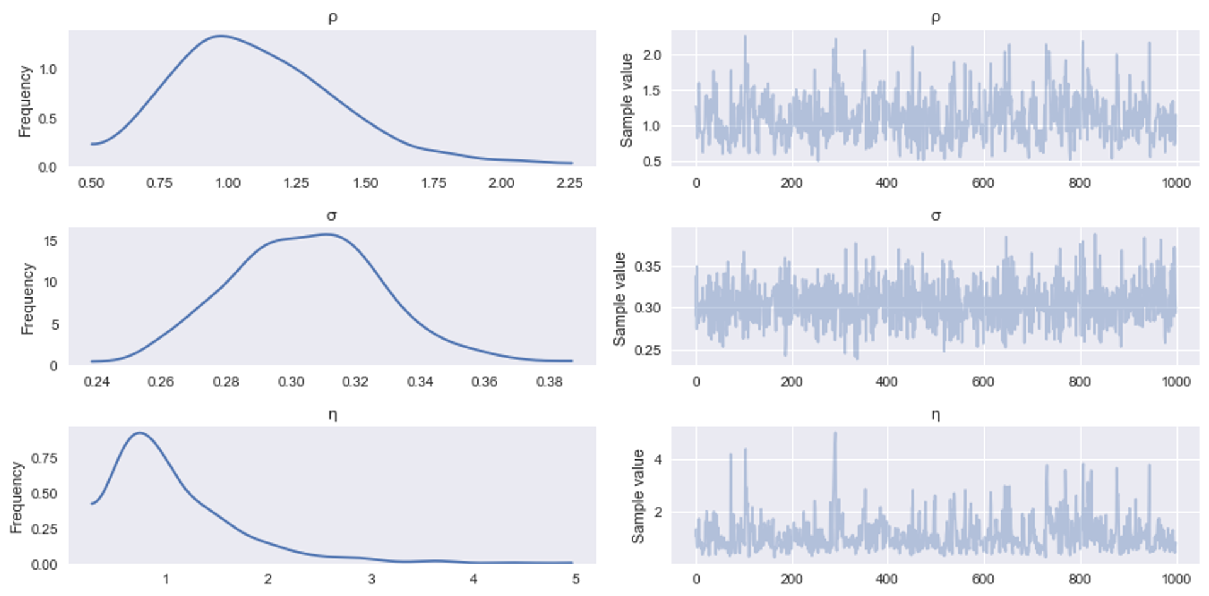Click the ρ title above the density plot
click(332, 18)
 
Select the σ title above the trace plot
click(936, 216)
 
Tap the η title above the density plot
click(332, 415)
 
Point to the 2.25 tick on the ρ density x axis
click(569, 183)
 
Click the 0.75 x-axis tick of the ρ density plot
click(159, 183)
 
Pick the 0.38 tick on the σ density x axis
click(549, 382)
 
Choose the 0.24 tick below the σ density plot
click(96, 382)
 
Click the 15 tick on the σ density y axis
click(50, 241)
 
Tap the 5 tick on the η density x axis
click(575, 580)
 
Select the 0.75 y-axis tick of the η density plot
click(44, 458)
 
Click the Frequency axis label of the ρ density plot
click(25, 101)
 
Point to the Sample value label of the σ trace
click(620, 299)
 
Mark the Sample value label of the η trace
click(638, 496)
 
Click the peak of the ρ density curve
click(220, 36)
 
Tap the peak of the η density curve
click(139, 433)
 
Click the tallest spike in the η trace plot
click(836, 433)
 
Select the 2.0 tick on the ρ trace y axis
click(652, 55)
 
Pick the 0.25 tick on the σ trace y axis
click(647, 350)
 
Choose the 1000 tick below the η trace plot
click(1176, 580)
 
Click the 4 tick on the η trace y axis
click(658, 460)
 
